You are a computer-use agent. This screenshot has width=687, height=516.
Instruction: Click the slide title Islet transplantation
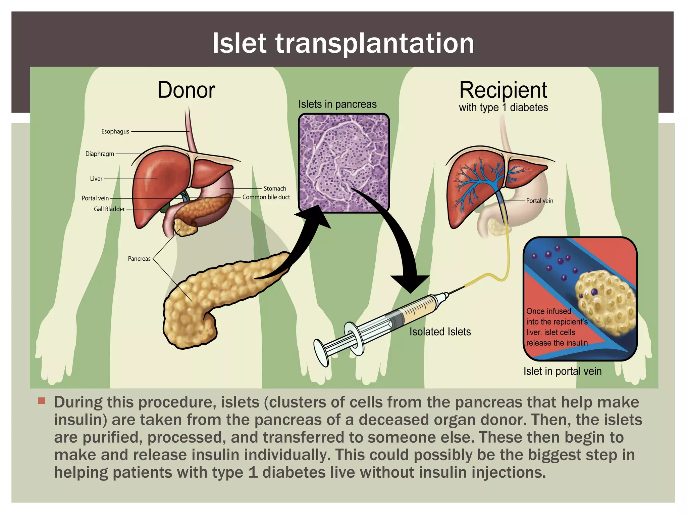point(343,43)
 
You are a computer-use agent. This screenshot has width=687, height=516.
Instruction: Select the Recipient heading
point(503,90)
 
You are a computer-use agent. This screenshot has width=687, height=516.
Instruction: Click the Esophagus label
point(115,131)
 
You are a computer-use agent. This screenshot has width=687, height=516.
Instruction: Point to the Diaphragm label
point(100,154)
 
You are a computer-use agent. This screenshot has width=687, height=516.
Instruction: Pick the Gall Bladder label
point(109,209)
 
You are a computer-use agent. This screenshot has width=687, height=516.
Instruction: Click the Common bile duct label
point(266,197)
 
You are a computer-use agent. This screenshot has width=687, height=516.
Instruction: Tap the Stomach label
point(275,188)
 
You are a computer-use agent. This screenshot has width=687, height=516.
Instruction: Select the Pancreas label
point(139,259)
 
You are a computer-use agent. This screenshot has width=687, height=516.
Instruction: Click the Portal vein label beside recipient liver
point(539,201)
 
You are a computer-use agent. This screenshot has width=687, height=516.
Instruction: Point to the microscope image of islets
point(344,163)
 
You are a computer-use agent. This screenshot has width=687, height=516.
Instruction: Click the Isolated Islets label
point(440,332)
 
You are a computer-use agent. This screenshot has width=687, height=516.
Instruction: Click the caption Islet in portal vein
point(563,371)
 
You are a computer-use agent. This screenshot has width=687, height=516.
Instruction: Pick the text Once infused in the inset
point(548,311)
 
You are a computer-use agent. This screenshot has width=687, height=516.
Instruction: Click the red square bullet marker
point(42,401)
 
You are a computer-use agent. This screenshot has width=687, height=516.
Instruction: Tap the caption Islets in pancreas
point(337,104)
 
